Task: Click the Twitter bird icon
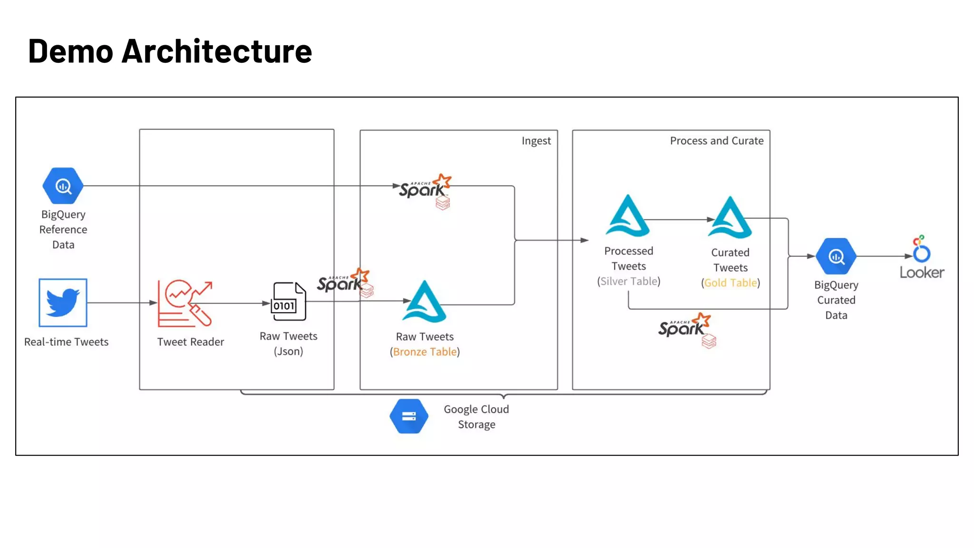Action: point(63,303)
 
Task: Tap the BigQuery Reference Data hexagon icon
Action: point(63,186)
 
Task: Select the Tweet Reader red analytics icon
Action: point(185,303)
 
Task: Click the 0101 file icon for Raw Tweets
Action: point(288,302)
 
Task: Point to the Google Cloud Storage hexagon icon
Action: point(409,416)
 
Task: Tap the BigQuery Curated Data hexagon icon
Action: point(836,256)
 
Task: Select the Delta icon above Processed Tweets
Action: point(628,216)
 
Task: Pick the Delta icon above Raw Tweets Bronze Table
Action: point(424,303)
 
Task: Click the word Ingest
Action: point(536,141)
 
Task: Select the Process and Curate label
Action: point(716,141)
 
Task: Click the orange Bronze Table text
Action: point(425,352)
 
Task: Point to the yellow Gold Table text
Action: point(730,283)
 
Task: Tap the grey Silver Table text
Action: point(629,282)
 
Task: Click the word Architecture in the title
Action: point(217,51)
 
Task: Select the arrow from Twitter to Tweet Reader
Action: point(122,303)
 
